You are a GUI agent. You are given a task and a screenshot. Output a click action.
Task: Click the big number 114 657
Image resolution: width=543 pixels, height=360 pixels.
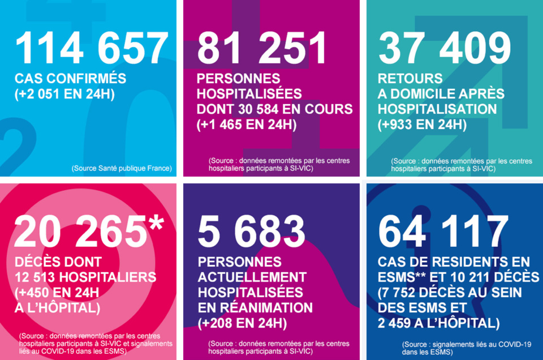pyautogui.click(x=92, y=49)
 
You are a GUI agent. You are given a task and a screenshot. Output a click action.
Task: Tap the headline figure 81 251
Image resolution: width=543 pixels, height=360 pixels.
pyautogui.click(x=262, y=49)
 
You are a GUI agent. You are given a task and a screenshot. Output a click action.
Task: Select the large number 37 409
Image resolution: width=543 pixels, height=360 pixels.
pyautogui.click(x=445, y=49)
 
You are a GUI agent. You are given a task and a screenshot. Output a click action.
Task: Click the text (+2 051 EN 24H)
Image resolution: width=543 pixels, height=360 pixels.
pyautogui.click(x=64, y=93)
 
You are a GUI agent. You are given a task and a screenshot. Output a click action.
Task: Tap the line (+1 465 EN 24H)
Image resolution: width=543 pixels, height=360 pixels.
pyautogui.click(x=247, y=125)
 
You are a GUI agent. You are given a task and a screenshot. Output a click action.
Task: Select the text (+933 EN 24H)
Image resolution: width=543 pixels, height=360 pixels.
pyautogui.click(x=423, y=125)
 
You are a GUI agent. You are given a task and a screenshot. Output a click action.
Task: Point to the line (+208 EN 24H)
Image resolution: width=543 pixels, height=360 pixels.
pyautogui.click(x=242, y=324)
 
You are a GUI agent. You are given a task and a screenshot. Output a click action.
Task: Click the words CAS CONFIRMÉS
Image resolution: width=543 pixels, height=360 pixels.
pyautogui.click(x=71, y=78)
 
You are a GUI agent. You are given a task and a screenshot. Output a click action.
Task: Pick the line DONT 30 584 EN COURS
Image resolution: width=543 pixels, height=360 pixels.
pyautogui.click(x=275, y=109)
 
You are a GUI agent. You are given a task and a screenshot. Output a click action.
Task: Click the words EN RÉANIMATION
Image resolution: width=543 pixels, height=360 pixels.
pyautogui.click(x=255, y=308)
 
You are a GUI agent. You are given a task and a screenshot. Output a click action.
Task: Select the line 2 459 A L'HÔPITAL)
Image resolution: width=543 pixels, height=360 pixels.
pyautogui.click(x=439, y=323)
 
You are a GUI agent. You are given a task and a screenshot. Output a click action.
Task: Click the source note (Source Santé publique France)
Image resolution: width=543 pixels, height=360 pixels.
pyautogui.click(x=122, y=168)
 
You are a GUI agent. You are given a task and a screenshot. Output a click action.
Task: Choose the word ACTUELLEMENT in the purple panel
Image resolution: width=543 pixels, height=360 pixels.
pyautogui.click(x=252, y=277)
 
